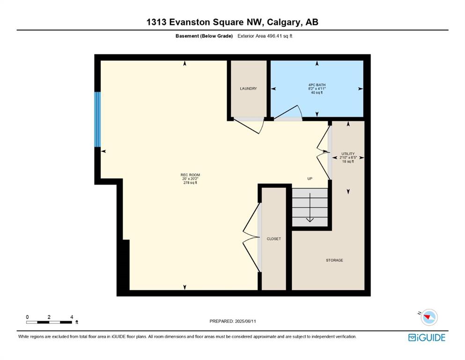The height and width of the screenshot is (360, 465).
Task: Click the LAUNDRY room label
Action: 248,89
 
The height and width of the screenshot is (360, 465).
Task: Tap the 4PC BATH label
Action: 317,85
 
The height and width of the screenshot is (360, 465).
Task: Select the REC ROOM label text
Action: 190,175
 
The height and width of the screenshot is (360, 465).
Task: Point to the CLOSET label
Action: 273,239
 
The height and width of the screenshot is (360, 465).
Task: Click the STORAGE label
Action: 334,260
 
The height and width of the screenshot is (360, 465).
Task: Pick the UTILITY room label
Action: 348,154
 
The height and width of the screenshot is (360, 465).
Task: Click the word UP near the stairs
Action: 310,179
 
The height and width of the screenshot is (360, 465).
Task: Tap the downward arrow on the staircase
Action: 310,208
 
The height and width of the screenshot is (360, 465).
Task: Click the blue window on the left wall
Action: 97,120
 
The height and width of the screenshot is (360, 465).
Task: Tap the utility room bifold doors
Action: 323,152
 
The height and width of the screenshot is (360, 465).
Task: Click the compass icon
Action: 428,317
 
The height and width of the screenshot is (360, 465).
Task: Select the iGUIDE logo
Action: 427,337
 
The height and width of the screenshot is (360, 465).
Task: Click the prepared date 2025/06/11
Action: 245,321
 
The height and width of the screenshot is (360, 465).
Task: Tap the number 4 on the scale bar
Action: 72,317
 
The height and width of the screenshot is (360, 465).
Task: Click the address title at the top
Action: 232,22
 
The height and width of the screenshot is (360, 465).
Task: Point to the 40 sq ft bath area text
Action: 317,93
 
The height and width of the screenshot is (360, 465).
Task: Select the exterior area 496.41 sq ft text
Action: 265,36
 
